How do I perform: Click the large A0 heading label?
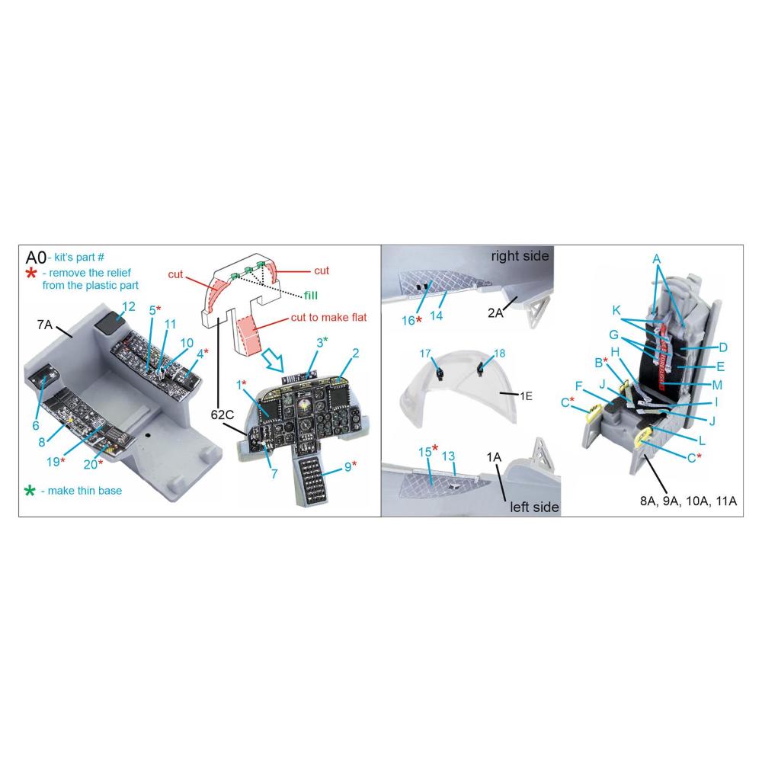[36, 258]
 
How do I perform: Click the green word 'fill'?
[311, 296]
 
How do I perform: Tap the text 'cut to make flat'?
[328, 317]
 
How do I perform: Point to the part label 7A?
[45, 324]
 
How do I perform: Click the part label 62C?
[222, 415]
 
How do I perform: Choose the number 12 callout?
[128, 306]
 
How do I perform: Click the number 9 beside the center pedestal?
[348, 467]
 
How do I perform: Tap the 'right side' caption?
[520, 256]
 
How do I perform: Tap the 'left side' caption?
[534, 507]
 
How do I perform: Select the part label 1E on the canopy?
[526, 396]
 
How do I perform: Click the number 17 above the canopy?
[425, 354]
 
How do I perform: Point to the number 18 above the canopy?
[500, 354]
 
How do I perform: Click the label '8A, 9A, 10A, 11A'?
[688, 501]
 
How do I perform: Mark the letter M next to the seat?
[717, 385]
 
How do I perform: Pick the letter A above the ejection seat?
[657, 259]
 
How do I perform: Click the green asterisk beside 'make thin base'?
[30, 491]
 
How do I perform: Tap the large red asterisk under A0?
[31, 273]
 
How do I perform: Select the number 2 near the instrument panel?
[356, 354]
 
